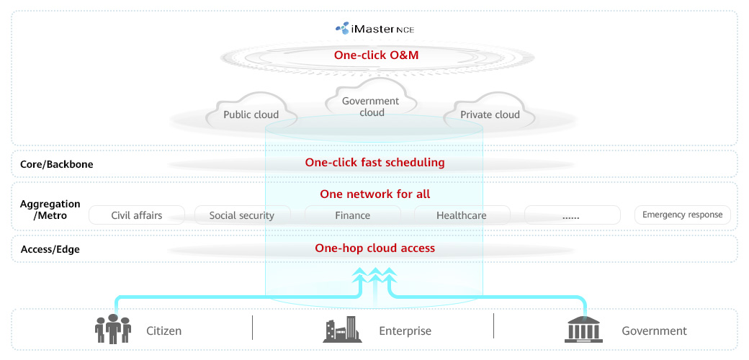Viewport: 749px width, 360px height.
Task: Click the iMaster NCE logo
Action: pyautogui.click(x=374, y=29)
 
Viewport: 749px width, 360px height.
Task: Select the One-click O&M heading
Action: pyautogui.click(x=376, y=55)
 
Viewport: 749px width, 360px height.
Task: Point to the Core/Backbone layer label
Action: pyautogui.click(x=57, y=164)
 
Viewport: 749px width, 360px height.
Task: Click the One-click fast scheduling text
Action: pyautogui.click(x=374, y=163)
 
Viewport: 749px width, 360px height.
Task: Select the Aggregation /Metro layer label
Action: pyautogui.click(x=50, y=210)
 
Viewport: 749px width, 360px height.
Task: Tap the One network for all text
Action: pyautogui.click(x=374, y=194)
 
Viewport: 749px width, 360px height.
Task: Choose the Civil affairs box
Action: pyautogui.click(x=137, y=215)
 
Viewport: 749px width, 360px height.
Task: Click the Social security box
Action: pyautogui.click(x=242, y=215)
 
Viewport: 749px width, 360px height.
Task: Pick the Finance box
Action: pyautogui.click(x=353, y=215)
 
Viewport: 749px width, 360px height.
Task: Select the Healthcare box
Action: pyautogui.click(x=462, y=215)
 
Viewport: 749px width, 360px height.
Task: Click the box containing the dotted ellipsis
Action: pyautogui.click(x=572, y=215)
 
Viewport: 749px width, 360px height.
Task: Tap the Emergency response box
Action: pyautogui.click(x=683, y=215)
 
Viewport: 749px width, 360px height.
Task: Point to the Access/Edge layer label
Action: pyautogui.click(x=50, y=249)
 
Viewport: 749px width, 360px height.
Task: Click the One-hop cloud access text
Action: pyautogui.click(x=374, y=248)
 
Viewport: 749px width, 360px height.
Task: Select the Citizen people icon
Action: pyautogui.click(x=113, y=329)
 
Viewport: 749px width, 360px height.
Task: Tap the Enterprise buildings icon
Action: pyautogui.click(x=342, y=330)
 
